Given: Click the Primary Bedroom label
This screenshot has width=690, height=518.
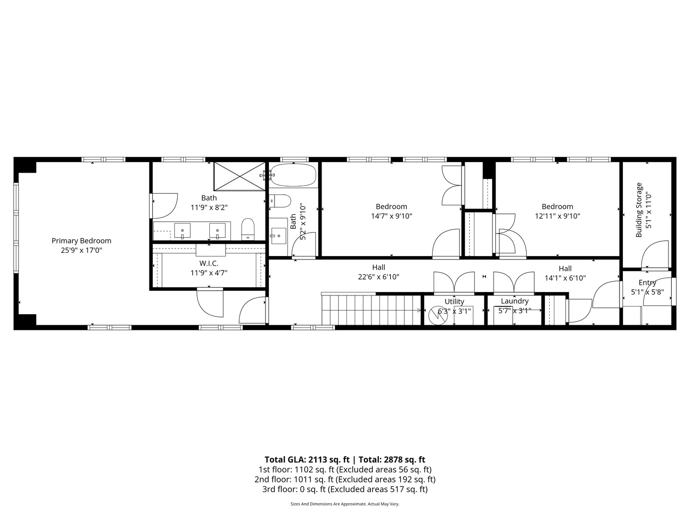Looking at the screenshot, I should point(81,241).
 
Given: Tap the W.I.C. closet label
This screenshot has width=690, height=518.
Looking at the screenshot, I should point(209,263).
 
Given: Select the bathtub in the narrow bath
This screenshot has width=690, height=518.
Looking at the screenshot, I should point(293,175).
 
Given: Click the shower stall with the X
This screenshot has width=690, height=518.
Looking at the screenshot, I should point(239,176).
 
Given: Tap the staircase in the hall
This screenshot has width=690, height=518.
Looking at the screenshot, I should point(371,310).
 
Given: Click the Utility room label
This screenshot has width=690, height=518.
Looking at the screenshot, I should point(454,301).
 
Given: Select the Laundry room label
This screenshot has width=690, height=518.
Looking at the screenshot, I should point(515,301).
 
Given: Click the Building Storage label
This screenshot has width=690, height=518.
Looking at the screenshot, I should point(639,210).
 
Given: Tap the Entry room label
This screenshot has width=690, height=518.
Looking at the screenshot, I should point(647,283).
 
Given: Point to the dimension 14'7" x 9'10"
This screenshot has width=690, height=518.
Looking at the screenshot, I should point(391,216).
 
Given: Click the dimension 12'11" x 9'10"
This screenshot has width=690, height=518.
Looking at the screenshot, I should point(557,216).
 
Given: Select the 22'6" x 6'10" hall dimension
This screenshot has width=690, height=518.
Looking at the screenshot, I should point(379,277).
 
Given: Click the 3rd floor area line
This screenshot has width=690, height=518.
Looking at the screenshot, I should point(345,489).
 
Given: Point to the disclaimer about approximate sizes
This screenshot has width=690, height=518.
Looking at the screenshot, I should point(345,504).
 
